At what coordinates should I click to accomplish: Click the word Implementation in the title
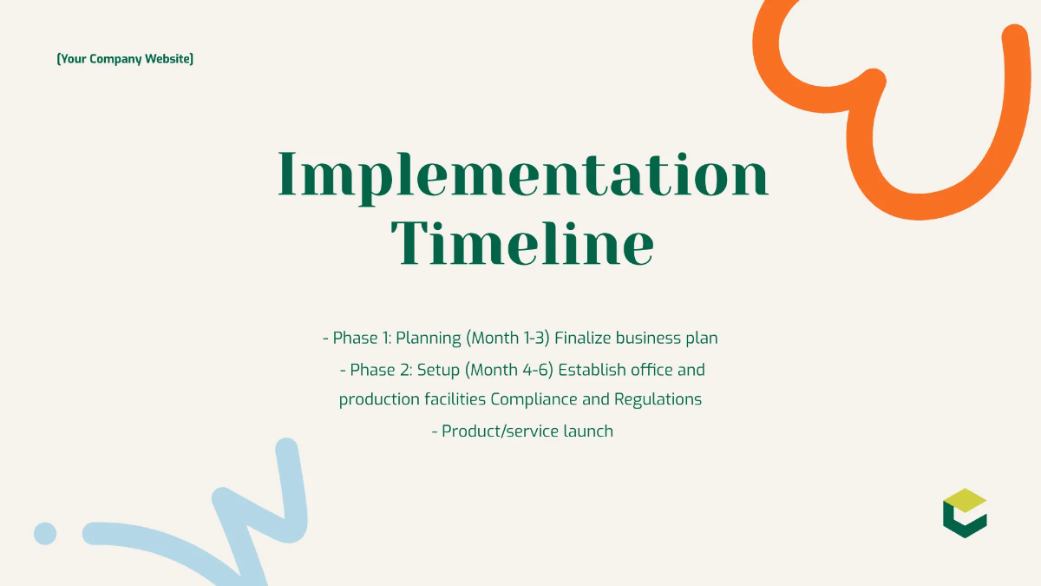[522, 174]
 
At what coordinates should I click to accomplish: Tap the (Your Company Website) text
[125, 59]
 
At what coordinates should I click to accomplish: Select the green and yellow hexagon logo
[965, 513]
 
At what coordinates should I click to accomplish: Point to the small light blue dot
[45, 533]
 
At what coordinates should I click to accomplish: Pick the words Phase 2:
[381, 370]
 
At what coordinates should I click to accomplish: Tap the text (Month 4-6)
[509, 370]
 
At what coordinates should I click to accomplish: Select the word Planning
[428, 339]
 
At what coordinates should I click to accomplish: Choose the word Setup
[438, 370]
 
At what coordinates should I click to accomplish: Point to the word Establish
[593, 370]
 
